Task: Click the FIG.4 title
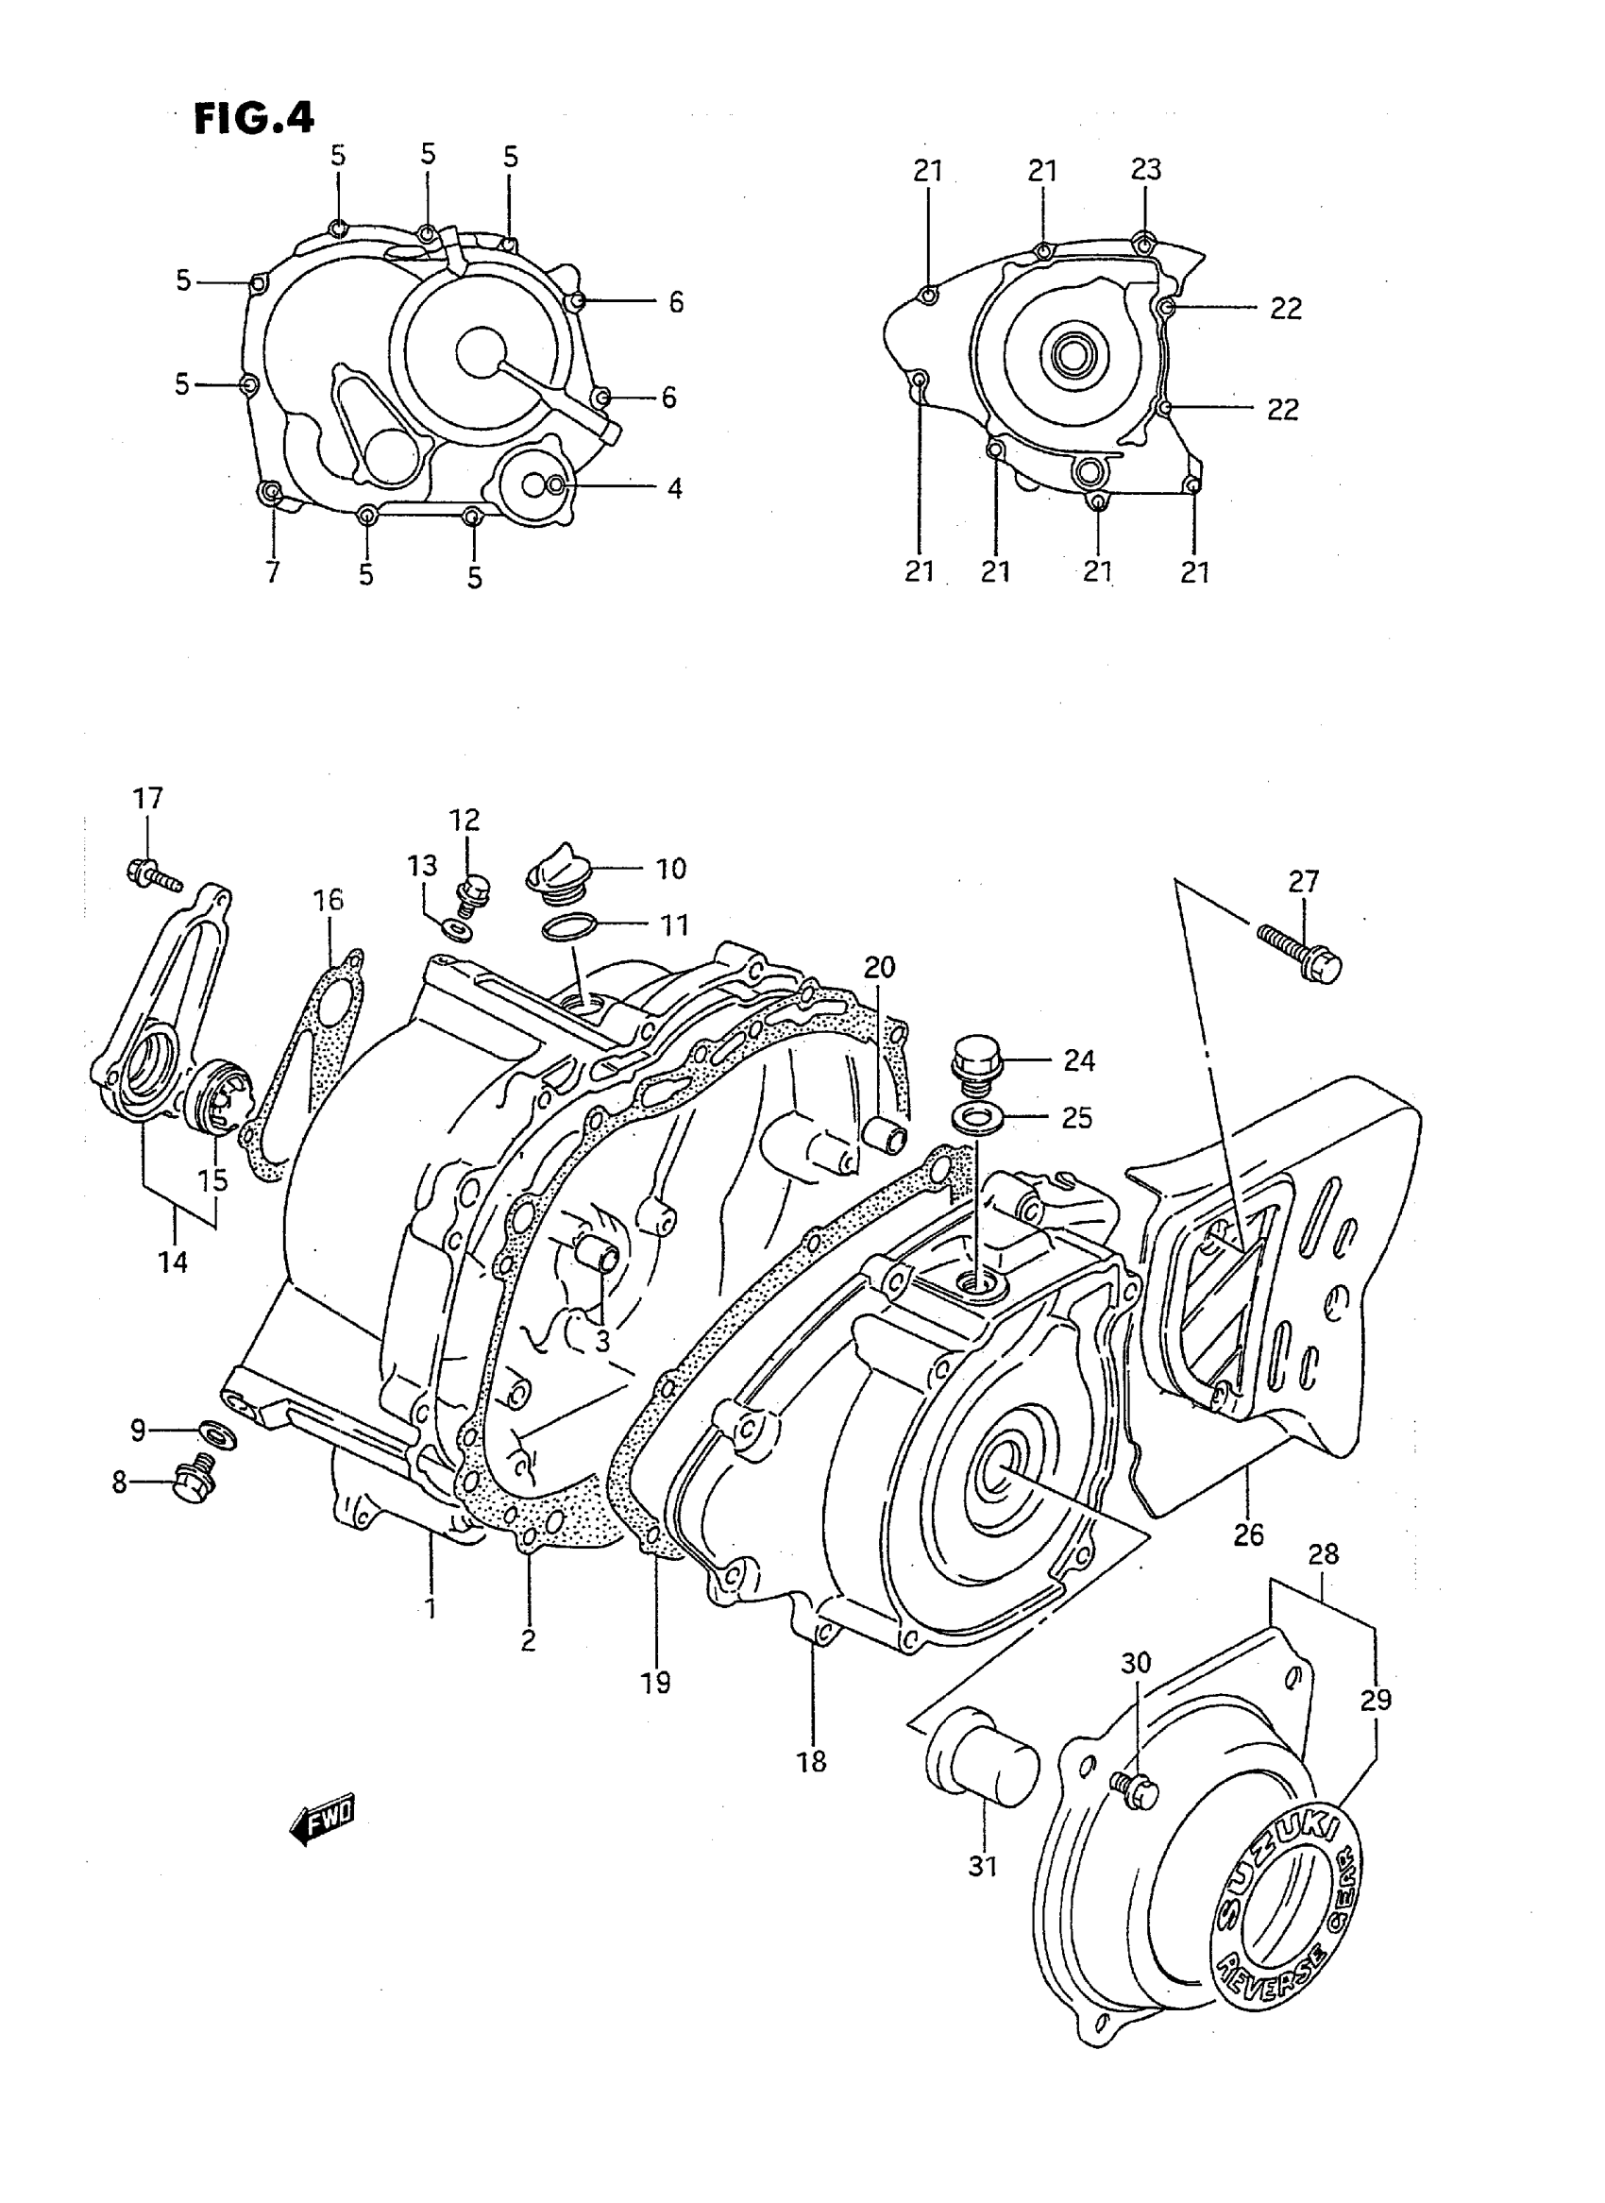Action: tap(255, 119)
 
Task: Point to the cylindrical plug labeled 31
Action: tap(983, 1770)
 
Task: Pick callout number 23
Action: tap(1145, 170)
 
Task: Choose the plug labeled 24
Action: tap(975, 1063)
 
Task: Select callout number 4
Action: tap(673, 488)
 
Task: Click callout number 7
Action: tap(272, 571)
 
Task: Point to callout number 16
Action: tap(329, 900)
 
